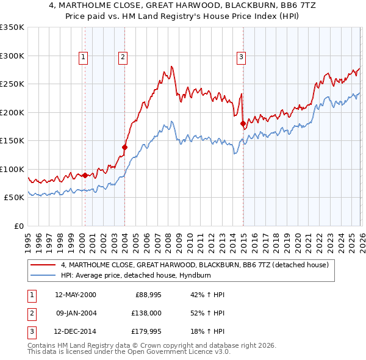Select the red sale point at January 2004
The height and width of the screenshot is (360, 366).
pyautogui.click(x=124, y=147)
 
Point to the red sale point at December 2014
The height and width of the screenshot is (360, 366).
pyautogui.click(x=243, y=124)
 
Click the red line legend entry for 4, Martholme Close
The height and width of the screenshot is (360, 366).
pyautogui.click(x=195, y=265)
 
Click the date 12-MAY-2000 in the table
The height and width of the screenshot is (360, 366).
pyautogui.click(x=75, y=295)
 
